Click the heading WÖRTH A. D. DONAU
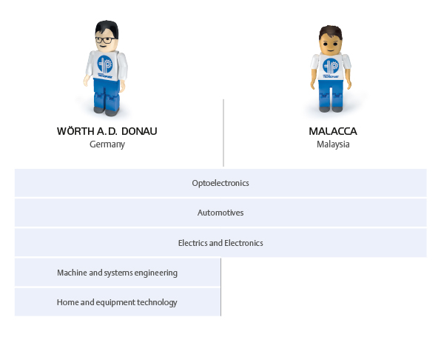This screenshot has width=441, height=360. point(107,131)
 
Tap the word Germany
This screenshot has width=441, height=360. point(107,144)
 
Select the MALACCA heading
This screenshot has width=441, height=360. point(333,131)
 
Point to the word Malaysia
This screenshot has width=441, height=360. point(333,144)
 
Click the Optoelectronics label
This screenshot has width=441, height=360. point(220,183)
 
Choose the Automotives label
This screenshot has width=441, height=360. point(220,213)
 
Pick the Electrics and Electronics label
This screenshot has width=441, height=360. point(220,243)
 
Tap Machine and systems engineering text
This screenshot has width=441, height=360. point(118,273)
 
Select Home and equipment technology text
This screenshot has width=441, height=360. point(117,302)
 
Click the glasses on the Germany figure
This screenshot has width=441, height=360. point(105,40)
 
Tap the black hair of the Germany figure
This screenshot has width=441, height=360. point(107,28)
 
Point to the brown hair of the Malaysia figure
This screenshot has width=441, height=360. point(331,32)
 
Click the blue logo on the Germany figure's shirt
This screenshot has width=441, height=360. point(105,64)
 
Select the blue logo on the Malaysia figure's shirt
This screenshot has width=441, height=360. point(331,66)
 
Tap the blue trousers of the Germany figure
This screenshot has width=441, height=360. point(107,94)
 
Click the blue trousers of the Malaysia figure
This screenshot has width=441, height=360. point(331,94)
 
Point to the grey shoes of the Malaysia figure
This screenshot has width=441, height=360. point(331,109)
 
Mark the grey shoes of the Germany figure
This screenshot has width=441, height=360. point(107,111)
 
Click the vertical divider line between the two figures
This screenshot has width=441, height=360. point(223,133)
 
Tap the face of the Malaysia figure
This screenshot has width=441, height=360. point(331,45)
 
